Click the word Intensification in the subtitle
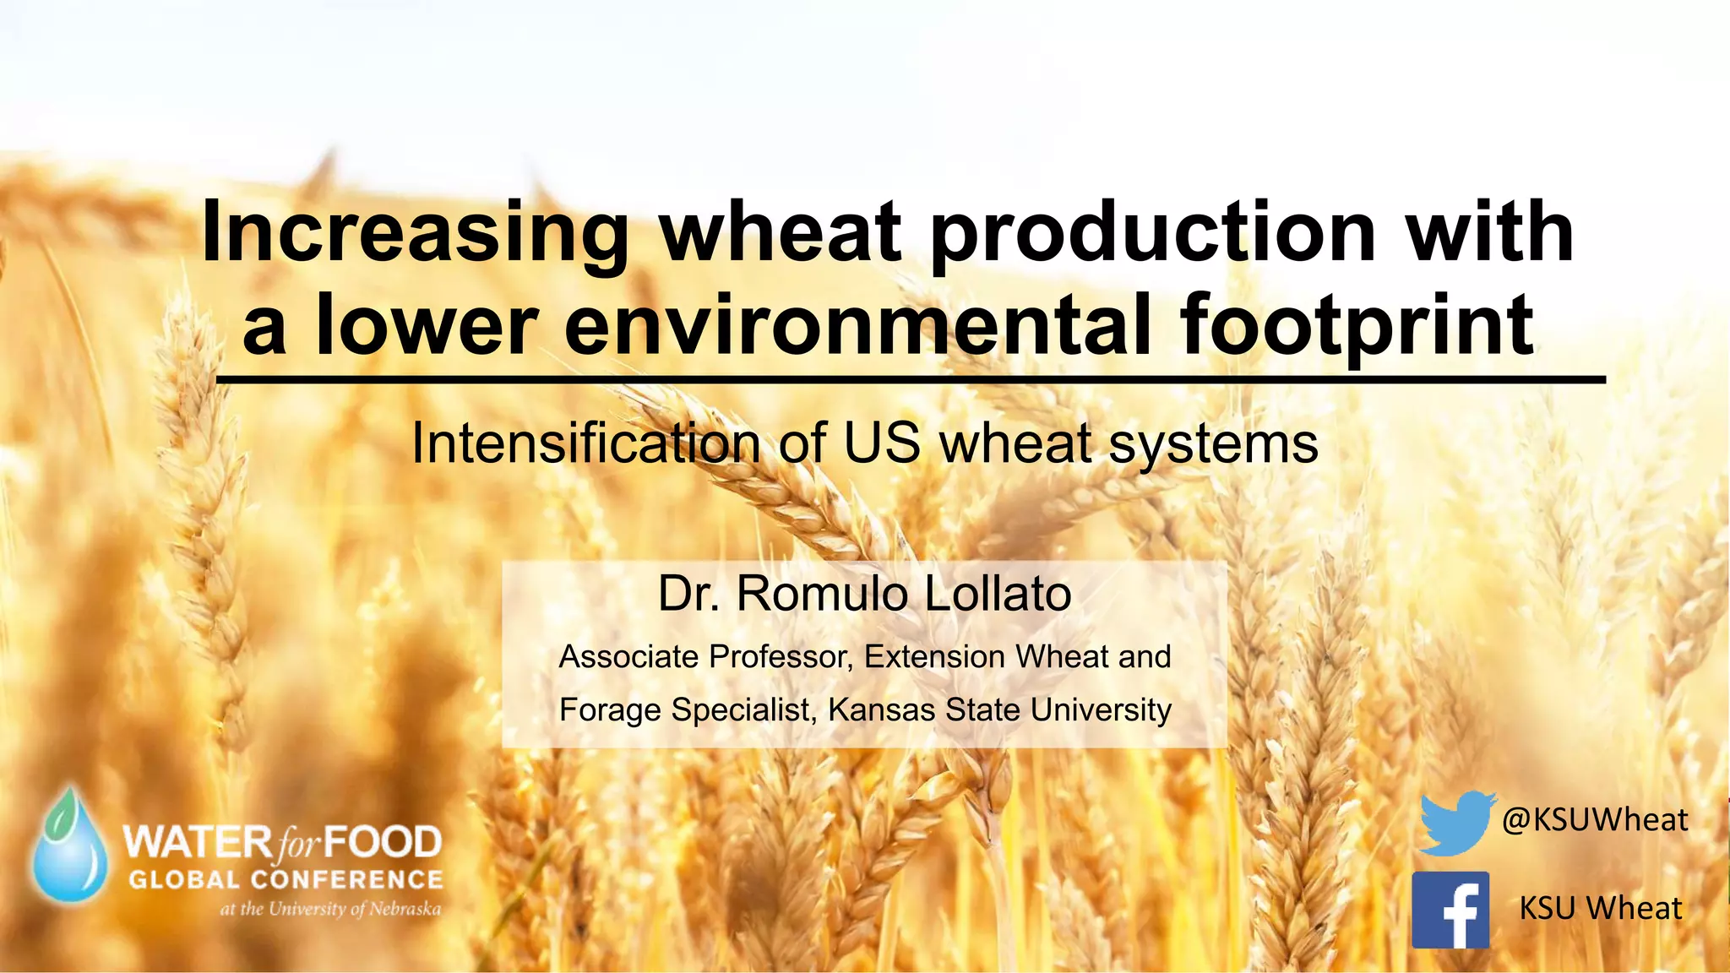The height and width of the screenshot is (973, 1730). coord(585,444)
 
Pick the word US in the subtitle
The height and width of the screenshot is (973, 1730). coord(881,443)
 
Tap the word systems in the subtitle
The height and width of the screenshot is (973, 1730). coord(1213,444)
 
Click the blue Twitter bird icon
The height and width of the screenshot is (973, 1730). coord(1455,823)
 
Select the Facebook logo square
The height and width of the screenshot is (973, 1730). coord(1450,910)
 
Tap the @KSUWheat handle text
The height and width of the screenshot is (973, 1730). coord(1594,820)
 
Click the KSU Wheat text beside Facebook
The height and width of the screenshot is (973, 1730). coord(1600,909)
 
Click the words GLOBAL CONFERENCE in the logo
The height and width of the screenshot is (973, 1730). coord(286,880)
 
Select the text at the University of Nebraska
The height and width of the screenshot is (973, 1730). coord(330,910)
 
